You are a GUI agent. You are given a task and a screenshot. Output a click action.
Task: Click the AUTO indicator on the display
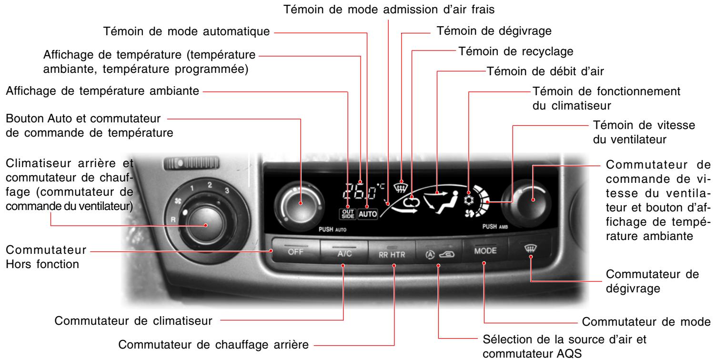[367, 214]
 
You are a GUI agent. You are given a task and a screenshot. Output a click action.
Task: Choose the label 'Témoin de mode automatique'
[187, 32]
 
